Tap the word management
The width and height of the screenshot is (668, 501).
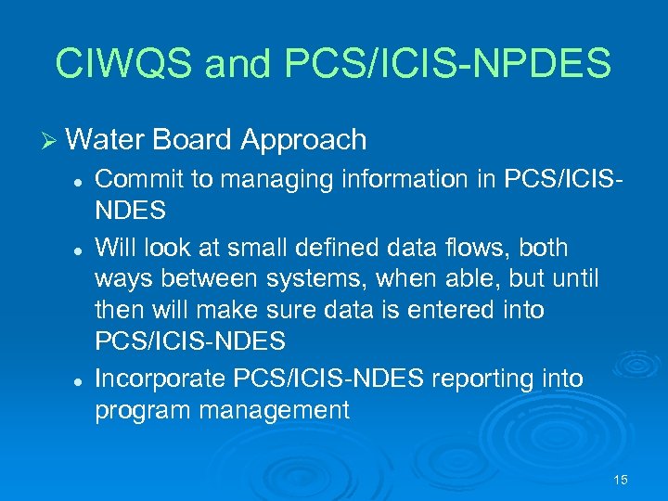pos(279,411)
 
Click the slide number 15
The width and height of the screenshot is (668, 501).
pos(621,480)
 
